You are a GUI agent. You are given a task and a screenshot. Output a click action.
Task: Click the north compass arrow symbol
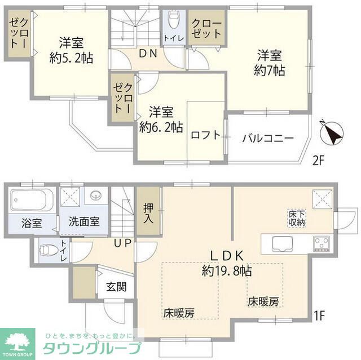(329, 132)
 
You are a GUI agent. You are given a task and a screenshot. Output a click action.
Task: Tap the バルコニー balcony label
(268, 138)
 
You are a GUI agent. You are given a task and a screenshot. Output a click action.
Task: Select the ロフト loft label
(205, 136)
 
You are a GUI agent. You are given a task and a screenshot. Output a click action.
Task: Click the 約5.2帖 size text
(71, 58)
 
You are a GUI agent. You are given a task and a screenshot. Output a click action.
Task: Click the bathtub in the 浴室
(32, 200)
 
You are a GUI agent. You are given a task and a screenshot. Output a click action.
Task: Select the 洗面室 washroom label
(80, 221)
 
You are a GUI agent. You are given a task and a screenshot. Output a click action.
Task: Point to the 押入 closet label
(148, 213)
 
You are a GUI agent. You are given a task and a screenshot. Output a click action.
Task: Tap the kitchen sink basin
(280, 244)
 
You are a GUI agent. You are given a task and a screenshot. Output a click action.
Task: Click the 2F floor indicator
(319, 162)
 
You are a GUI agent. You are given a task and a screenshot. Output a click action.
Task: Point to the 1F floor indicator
(319, 315)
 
